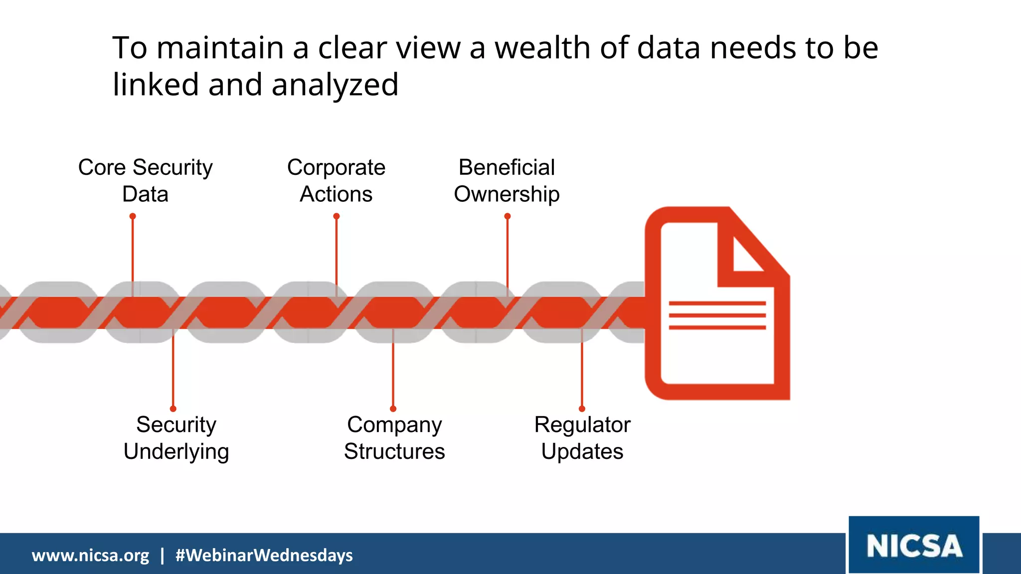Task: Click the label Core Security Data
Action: (x=145, y=180)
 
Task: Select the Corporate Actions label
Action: (x=336, y=180)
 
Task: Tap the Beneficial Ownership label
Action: (x=507, y=180)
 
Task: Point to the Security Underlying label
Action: (x=176, y=438)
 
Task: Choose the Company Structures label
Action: (x=394, y=438)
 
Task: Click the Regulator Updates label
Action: (x=582, y=438)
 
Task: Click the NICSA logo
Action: (x=914, y=546)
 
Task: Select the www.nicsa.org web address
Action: (x=90, y=555)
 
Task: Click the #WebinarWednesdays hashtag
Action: (x=264, y=555)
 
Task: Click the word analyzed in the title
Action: (x=335, y=85)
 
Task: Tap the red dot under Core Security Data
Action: (x=133, y=216)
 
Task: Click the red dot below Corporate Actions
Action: (x=337, y=216)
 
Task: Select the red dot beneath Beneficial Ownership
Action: (x=508, y=216)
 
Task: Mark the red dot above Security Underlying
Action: (x=173, y=409)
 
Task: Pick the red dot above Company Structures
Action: (x=393, y=409)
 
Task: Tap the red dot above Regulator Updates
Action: (x=582, y=409)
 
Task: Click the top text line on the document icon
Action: (x=717, y=303)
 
